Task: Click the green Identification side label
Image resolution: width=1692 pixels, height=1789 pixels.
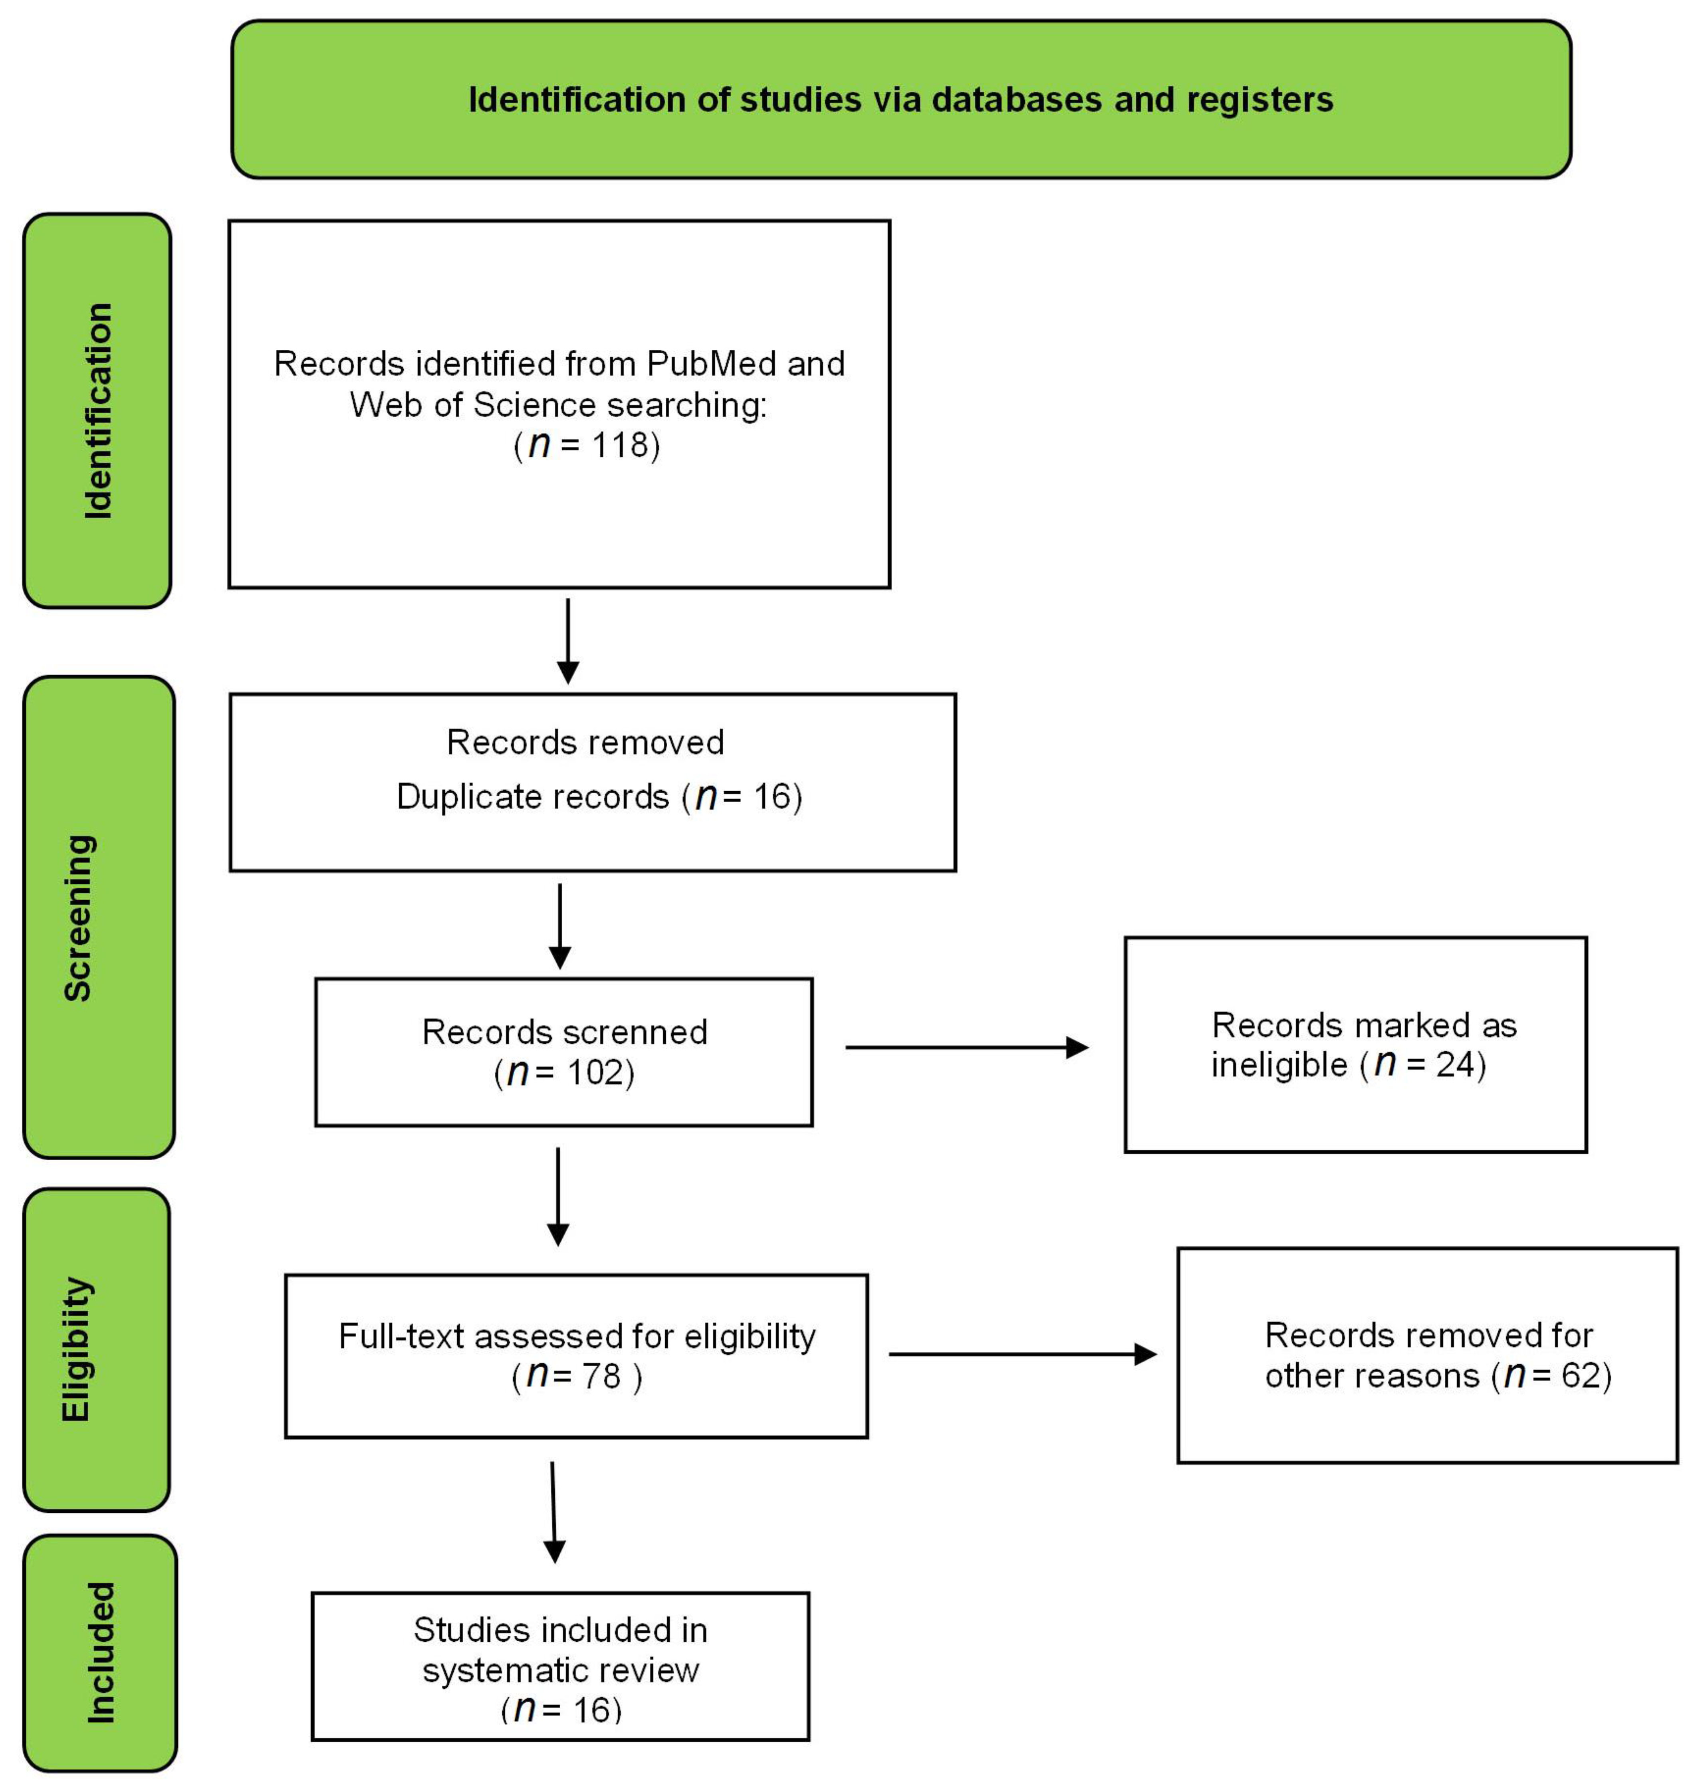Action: pyautogui.click(x=97, y=410)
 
